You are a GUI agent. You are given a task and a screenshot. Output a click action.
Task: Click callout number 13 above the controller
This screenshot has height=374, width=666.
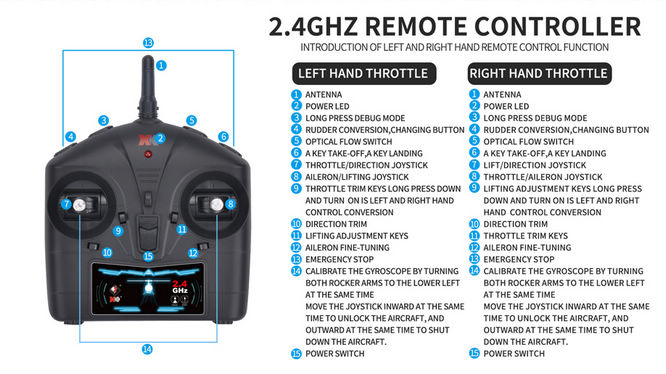148,43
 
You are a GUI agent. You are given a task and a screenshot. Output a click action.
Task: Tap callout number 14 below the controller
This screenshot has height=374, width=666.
147,349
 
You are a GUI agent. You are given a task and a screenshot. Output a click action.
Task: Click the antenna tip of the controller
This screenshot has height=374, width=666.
148,57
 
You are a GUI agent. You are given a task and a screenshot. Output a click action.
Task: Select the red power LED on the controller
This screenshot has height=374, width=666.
148,154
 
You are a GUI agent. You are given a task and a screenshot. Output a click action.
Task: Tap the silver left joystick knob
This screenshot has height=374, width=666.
79,206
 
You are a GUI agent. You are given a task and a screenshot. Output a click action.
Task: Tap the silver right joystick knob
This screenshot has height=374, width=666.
217,205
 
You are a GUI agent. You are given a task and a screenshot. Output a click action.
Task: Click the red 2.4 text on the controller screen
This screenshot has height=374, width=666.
180,284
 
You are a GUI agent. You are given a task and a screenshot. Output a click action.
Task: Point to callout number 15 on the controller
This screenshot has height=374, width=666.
148,256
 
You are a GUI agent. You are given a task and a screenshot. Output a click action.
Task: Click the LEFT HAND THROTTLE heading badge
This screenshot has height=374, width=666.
364,74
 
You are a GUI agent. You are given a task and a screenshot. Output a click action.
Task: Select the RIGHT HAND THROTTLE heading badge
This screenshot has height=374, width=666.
539,74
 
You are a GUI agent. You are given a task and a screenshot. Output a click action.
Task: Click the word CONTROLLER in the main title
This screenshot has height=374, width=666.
557,26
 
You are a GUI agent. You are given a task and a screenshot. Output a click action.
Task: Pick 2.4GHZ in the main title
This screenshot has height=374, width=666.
313,26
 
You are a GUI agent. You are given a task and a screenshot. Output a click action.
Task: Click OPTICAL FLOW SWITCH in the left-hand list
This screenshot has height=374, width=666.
349,142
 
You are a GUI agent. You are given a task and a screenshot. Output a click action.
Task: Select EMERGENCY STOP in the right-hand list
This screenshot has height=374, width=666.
519,259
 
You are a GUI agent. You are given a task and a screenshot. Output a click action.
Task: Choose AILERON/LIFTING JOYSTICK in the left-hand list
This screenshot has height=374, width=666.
357,177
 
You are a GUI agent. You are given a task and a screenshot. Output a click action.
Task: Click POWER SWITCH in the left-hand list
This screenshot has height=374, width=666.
335,354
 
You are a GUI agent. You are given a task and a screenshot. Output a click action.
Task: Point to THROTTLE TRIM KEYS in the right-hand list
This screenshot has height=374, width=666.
525,236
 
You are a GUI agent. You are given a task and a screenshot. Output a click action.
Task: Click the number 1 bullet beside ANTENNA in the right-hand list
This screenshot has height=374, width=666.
474,94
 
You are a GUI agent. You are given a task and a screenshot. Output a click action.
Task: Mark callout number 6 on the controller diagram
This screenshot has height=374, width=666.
223,137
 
